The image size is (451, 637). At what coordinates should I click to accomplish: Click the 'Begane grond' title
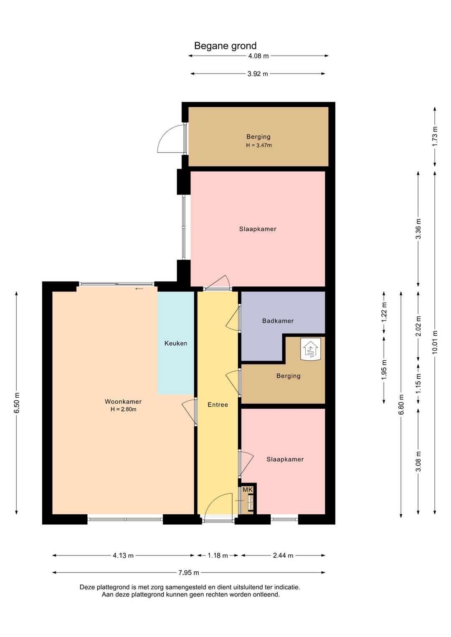[x=225, y=46]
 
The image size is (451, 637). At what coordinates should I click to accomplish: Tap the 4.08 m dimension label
[x=258, y=56]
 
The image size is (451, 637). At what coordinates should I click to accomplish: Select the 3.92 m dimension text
[x=258, y=74]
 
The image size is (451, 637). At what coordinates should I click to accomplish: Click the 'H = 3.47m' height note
[x=258, y=145]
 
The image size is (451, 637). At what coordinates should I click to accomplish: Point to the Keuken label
[x=176, y=343]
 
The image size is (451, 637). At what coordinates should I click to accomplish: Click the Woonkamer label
[x=123, y=402]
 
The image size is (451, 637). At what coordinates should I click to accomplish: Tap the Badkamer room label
[x=278, y=321]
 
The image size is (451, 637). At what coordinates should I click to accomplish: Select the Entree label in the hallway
[x=218, y=404]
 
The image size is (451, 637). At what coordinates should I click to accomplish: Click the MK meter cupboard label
[x=248, y=490]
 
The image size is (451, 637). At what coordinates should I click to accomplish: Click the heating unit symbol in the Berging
[x=310, y=349]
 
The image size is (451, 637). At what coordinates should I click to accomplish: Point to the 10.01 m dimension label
[x=434, y=342]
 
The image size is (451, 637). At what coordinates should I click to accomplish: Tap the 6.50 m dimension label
[x=17, y=403]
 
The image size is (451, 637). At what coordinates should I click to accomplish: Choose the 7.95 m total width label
[x=189, y=573]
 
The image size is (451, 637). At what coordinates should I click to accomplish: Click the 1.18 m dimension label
[x=218, y=555]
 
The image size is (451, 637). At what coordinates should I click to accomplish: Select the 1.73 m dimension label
[x=434, y=136]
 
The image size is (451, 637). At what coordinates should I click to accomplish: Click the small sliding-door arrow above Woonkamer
[x=139, y=289]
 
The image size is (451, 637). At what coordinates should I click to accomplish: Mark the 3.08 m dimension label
[x=418, y=461]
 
